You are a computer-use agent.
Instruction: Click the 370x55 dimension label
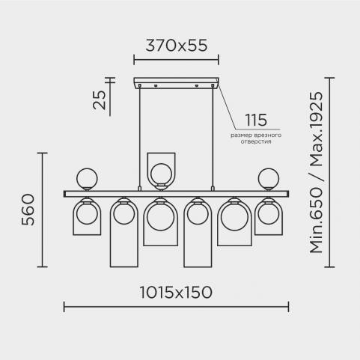click(x=176, y=46)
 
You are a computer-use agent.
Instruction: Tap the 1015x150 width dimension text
click(x=176, y=292)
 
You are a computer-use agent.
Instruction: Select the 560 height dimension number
click(x=28, y=210)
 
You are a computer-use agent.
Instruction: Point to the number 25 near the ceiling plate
click(x=99, y=100)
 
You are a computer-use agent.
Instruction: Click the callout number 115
click(x=256, y=120)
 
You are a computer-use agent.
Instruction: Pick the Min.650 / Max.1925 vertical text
click(x=316, y=173)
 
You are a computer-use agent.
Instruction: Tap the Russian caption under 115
click(x=256, y=138)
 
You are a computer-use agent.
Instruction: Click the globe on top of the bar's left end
click(x=87, y=178)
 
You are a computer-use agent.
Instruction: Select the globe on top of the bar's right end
click(x=269, y=178)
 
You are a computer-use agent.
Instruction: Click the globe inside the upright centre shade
click(x=161, y=174)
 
